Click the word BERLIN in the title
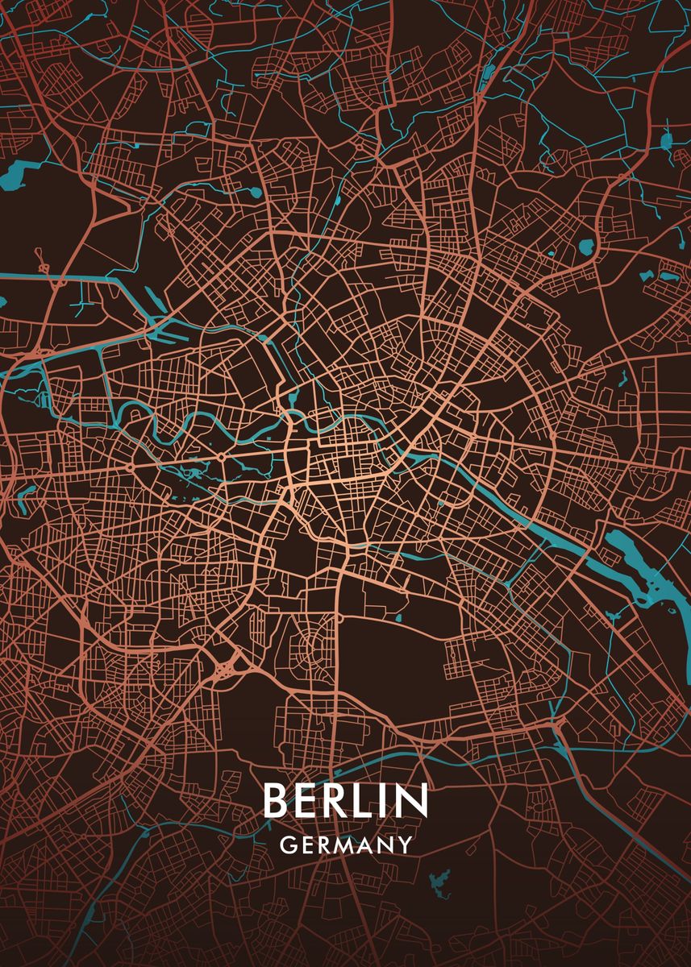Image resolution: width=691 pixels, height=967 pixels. [344, 800]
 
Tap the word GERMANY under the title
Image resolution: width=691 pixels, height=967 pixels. [345, 845]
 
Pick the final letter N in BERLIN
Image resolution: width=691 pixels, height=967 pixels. [410, 800]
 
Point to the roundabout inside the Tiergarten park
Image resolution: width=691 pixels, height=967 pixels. [221, 458]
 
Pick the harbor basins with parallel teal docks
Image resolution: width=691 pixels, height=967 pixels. [165, 326]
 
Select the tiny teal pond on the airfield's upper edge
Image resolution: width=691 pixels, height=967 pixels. [399, 618]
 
